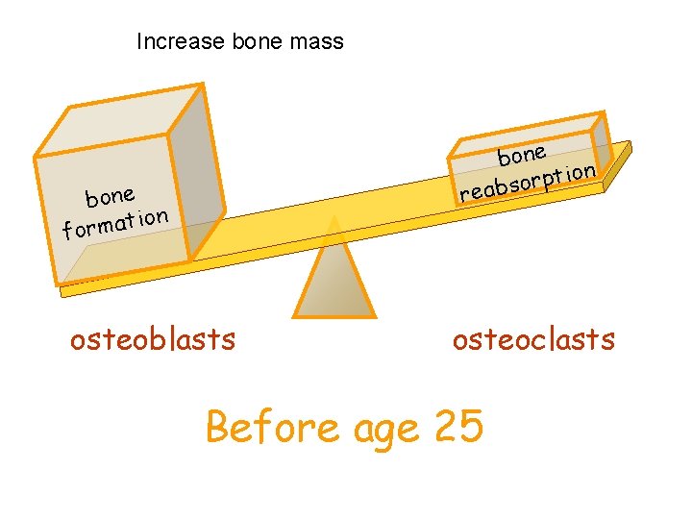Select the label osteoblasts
point(152,339)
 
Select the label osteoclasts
point(533,339)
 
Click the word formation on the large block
point(115,223)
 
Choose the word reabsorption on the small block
point(528,181)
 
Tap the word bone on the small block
point(522,153)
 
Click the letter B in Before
point(220,427)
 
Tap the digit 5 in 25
point(470,427)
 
